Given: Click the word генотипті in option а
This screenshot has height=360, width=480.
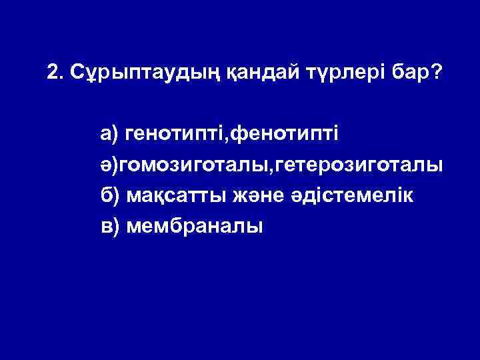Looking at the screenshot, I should point(175,136).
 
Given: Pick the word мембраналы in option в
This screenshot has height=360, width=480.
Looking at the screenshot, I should point(194,227).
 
